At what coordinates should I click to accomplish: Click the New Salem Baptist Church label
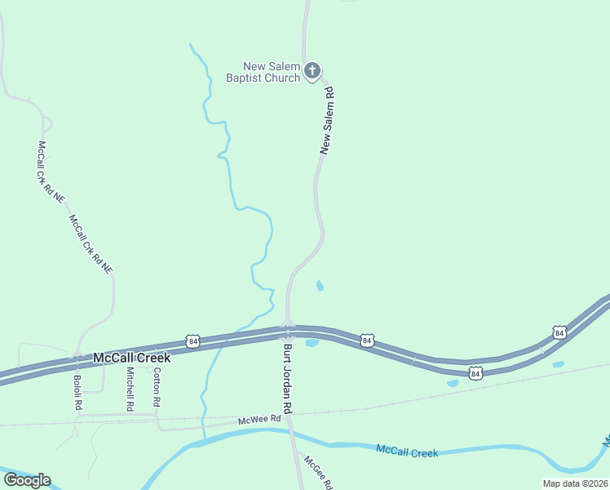coord(272,72)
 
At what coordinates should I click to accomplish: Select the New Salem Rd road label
coord(328,121)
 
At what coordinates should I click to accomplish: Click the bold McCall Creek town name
coord(131,358)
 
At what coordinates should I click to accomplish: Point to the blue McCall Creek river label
coord(407,451)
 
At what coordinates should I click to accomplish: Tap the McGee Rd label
coord(318,472)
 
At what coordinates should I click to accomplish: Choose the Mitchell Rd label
coord(130,388)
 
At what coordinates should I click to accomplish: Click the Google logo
coord(27,480)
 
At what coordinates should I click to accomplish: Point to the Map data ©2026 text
coord(575,483)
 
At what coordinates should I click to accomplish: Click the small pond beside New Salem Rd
coord(320,286)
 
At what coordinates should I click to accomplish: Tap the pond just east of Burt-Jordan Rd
coord(312,343)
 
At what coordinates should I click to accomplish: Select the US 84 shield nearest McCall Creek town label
coord(192,340)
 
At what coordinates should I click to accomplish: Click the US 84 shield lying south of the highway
coord(475,373)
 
